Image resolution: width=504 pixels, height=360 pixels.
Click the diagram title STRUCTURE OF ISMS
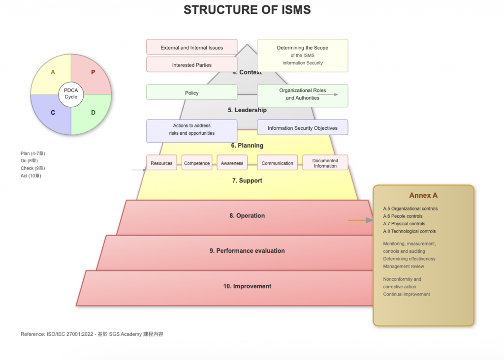(247, 10)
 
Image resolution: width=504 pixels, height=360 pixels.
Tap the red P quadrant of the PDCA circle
(93, 72)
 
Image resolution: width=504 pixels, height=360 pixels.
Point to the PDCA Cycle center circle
(71, 93)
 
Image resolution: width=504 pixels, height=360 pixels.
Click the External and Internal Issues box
(191, 47)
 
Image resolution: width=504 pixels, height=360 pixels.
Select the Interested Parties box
(191, 65)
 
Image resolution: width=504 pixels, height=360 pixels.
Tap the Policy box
(191, 92)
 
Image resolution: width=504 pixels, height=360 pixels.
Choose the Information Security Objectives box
(302, 128)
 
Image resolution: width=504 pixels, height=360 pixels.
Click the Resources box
(161, 163)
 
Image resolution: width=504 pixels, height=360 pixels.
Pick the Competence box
(197, 163)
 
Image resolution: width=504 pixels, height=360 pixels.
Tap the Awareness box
(232, 163)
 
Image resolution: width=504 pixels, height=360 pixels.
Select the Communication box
(277, 163)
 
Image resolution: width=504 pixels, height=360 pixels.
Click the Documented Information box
(325, 163)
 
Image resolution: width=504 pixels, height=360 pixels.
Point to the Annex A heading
(423, 195)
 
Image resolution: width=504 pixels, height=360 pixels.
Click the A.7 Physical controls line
(404, 224)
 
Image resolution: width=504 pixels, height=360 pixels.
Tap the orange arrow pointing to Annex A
(360, 220)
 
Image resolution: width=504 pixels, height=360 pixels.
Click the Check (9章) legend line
(32, 168)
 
